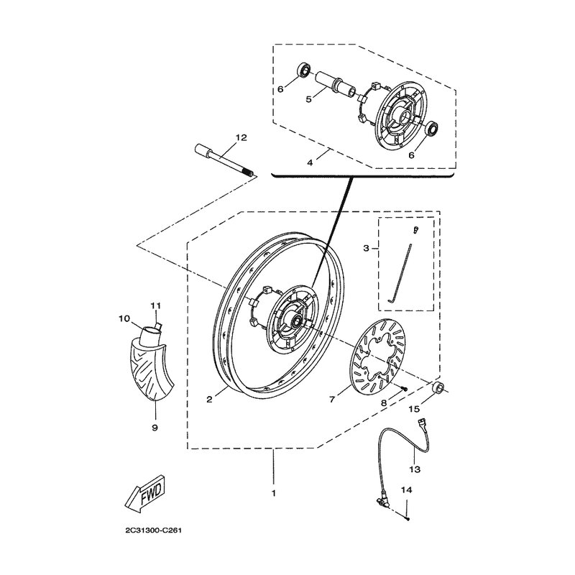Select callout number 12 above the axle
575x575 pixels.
tap(220, 137)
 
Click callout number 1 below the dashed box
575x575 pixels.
tap(273, 494)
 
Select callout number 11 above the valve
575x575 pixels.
tap(154, 305)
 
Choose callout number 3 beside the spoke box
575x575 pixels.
tap(366, 249)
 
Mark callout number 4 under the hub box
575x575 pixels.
tap(310, 162)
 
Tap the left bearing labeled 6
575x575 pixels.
tap(305, 70)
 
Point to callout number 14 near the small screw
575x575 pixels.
tap(406, 489)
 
